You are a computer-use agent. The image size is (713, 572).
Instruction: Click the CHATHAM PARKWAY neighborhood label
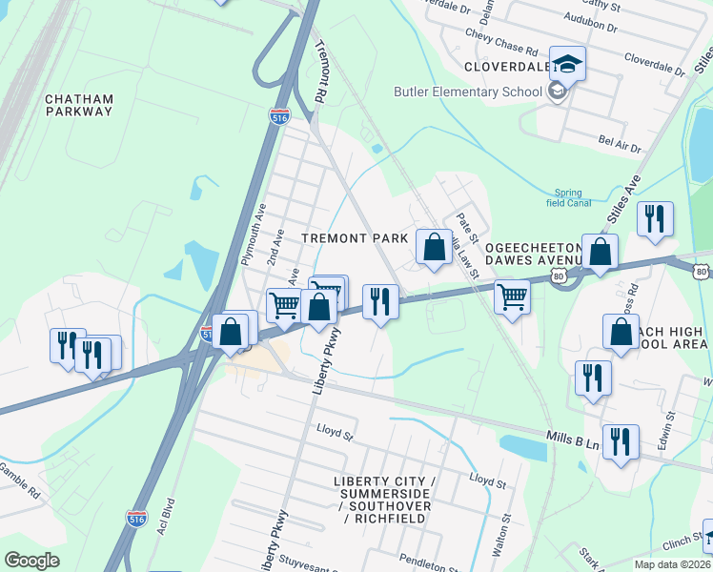point(79,105)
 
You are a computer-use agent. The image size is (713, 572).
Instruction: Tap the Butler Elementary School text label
point(467,92)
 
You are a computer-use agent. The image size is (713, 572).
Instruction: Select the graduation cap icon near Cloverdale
point(567,63)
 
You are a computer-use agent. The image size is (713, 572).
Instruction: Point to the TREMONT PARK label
point(355,237)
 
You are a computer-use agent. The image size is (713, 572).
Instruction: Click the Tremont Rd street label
point(319,72)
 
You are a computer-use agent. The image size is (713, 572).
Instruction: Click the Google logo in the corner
point(31,561)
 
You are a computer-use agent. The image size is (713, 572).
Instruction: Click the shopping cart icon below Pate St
point(513,298)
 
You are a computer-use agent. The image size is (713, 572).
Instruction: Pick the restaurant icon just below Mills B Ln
point(620,442)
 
